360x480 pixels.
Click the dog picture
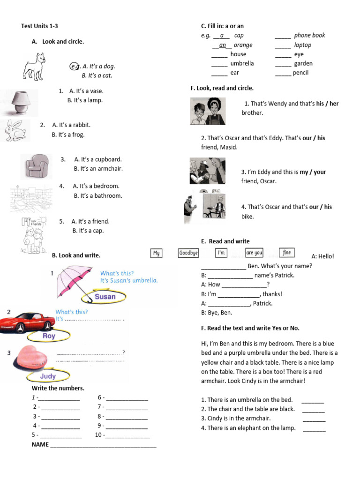pos(35,66)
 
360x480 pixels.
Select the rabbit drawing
pos(15,130)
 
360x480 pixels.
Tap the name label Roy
pos(49,336)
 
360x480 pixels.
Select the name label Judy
pos(48,376)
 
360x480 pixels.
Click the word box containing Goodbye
pos(188,253)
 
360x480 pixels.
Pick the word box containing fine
pos(286,253)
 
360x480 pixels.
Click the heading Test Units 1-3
pos(40,26)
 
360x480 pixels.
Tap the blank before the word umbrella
pos(219,64)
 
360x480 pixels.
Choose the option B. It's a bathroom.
pos(97,196)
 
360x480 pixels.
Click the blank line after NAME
pos(103,445)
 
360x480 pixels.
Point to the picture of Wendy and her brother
pos(208,111)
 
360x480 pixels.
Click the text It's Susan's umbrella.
pos(129,281)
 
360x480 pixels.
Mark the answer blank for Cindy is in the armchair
pos(314,419)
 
